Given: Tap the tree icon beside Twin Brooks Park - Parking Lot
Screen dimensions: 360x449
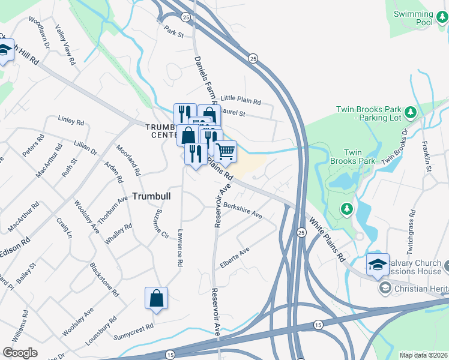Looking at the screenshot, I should point(411,112).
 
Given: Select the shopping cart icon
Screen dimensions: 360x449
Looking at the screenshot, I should point(225,152).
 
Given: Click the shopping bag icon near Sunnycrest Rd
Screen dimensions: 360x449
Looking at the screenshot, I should point(156,298).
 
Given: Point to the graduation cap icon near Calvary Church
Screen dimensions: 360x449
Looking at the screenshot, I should point(377,265).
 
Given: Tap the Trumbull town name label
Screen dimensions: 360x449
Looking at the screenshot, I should point(151,196).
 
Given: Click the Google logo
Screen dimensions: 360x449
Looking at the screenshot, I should point(20,353).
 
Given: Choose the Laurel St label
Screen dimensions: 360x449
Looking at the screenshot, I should point(234,112).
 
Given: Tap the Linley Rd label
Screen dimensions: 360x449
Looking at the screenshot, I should point(71,121).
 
